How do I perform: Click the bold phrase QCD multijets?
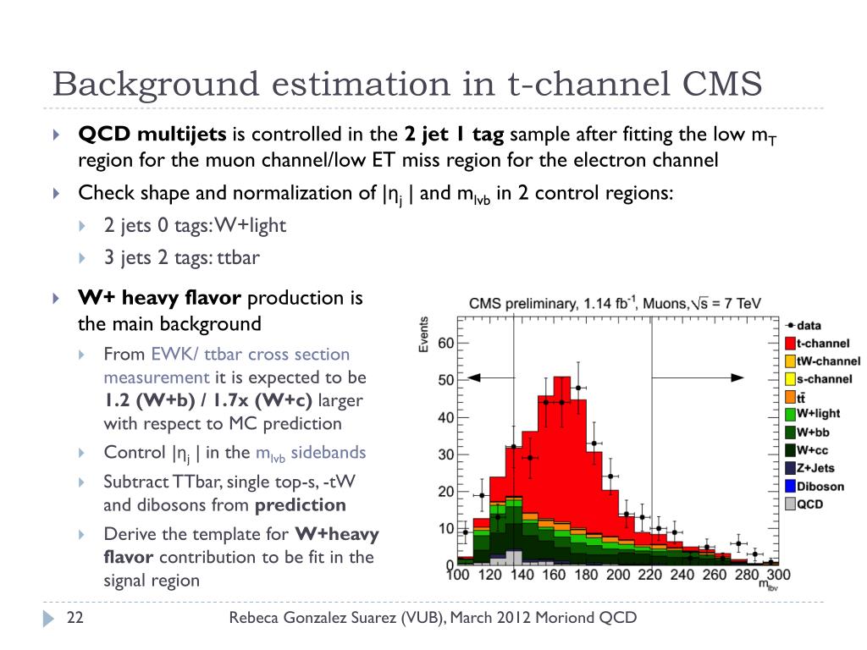click(152, 134)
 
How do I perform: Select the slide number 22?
click(75, 619)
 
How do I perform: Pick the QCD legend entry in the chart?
click(810, 504)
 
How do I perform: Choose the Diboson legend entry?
click(819, 486)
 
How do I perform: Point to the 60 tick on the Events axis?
click(446, 343)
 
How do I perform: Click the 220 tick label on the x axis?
click(650, 576)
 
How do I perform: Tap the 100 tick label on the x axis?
click(458, 576)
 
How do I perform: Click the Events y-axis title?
click(423, 334)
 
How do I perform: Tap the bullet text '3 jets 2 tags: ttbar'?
click(181, 258)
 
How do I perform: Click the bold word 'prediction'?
click(301, 505)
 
